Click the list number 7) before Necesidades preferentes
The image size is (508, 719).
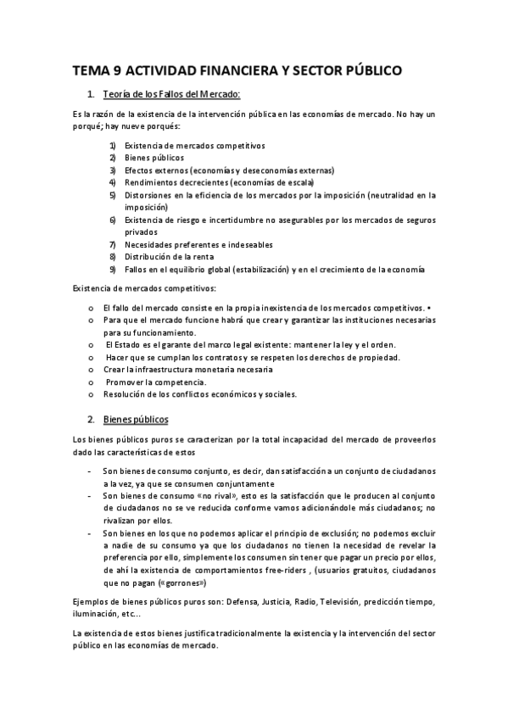pyautogui.click(x=112, y=244)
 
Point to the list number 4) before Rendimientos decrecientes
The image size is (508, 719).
pyautogui.click(x=112, y=181)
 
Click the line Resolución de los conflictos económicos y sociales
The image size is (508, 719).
pyautogui.click(x=198, y=394)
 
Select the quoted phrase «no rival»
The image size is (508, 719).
pyautogui.click(x=208, y=495)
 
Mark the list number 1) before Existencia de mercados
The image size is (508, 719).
pyautogui.click(x=112, y=145)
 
